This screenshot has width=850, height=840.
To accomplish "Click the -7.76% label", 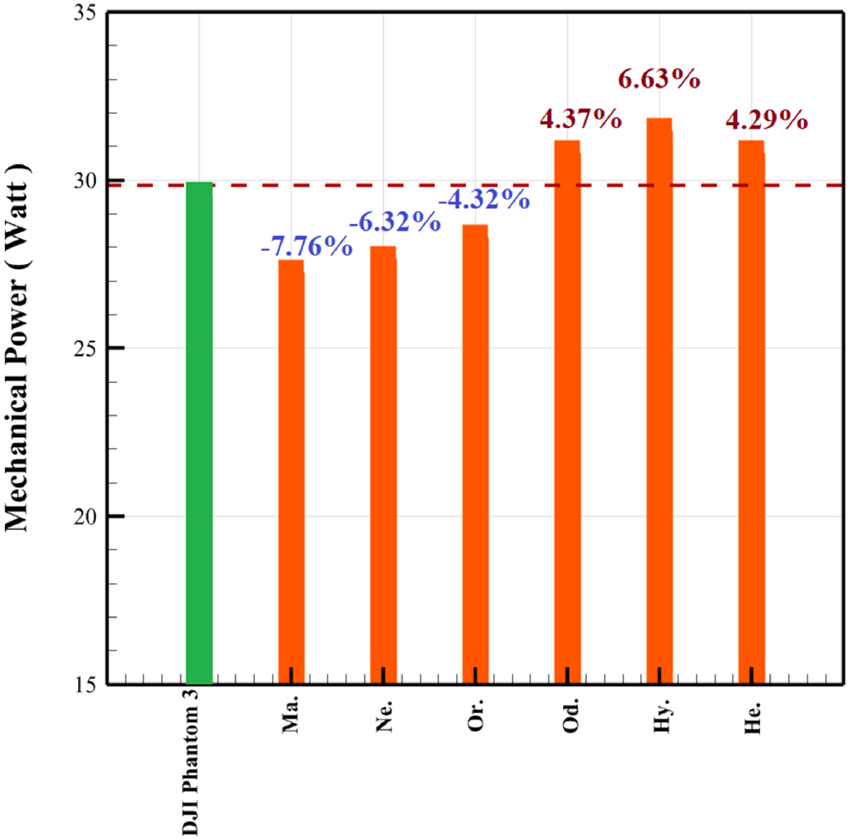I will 307,247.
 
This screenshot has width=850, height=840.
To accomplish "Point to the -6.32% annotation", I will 395,221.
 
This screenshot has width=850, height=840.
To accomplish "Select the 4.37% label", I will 581,119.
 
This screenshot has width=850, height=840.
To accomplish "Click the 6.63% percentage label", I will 659,80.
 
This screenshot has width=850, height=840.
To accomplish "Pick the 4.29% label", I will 766,120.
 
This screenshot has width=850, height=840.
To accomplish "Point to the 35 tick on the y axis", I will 85,13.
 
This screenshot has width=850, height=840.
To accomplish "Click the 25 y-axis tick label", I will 85,348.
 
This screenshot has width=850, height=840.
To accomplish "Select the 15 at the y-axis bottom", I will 85,685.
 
